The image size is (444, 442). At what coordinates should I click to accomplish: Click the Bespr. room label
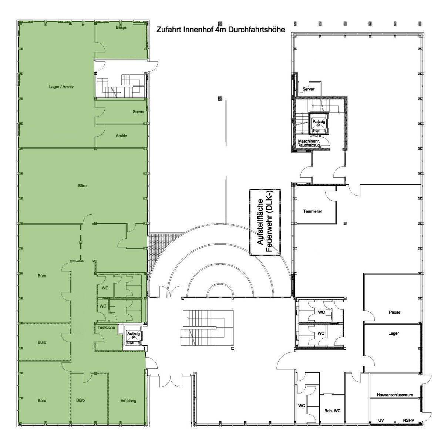point(121,28)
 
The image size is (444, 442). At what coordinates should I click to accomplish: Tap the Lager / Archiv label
point(61,87)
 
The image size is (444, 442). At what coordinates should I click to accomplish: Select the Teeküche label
point(106,328)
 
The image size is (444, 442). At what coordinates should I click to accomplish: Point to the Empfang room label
point(128,401)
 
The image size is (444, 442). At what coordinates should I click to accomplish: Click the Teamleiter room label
point(313,211)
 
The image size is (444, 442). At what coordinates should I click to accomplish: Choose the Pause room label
point(394,312)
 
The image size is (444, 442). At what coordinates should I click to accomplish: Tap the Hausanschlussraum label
point(395,395)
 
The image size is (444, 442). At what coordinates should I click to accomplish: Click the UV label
point(381,420)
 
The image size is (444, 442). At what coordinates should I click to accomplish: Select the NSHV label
point(408,420)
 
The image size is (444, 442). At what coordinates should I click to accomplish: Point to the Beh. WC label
point(333,411)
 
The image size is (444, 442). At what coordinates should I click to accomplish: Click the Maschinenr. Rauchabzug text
point(309,143)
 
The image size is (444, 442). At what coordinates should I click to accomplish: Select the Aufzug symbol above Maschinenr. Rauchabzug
point(319,123)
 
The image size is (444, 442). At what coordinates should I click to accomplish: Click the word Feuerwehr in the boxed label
point(269,233)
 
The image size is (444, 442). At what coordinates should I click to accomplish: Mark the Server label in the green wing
point(138,111)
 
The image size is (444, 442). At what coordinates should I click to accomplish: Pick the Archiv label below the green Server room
point(121,136)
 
